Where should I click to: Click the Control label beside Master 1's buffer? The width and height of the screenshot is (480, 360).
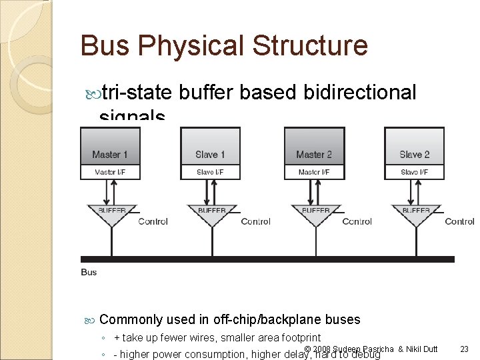click(x=153, y=221)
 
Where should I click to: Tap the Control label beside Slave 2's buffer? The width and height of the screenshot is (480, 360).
click(x=459, y=221)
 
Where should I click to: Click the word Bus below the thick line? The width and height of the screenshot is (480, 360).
click(x=89, y=272)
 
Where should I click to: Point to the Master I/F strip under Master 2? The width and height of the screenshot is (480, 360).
click(x=314, y=173)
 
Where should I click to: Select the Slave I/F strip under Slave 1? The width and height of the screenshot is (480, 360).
click(x=210, y=173)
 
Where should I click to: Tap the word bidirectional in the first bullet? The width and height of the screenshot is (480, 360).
click(x=359, y=93)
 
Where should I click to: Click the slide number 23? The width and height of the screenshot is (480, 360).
click(x=465, y=349)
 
